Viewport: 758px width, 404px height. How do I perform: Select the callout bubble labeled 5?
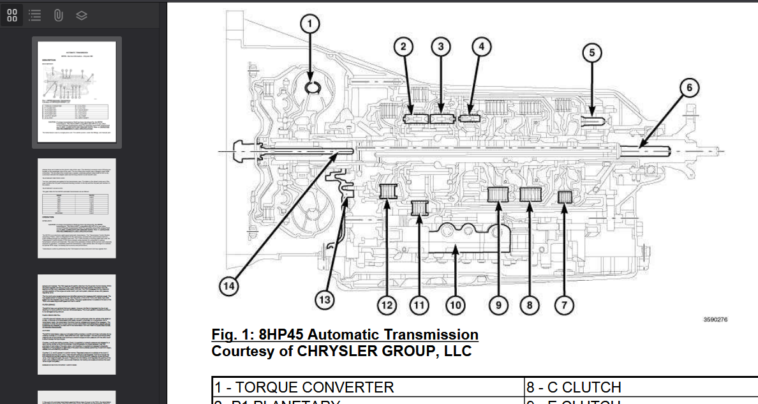[x=591, y=53]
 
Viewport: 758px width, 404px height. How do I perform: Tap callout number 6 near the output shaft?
[x=689, y=88]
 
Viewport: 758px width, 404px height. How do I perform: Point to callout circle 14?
[x=228, y=287]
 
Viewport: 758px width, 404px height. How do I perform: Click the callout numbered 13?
[x=325, y=299]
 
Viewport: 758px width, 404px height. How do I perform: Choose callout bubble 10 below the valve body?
[x=454, y=306]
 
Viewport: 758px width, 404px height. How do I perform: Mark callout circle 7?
[x=563, y=306]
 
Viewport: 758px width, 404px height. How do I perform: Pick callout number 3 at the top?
[x=440, y=46]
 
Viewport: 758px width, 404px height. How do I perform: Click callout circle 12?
[x=386, y=306]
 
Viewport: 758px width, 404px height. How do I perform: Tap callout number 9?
[x=498, y=306]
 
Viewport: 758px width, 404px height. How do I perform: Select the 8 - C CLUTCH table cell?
[x=574, y=387]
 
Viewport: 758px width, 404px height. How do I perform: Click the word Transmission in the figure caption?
[x=424, y=334]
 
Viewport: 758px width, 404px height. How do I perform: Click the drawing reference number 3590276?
[x=715, y=319]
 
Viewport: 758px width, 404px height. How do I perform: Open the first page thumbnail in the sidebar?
[x=77, y=92]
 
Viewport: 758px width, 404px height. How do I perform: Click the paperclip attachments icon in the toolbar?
[x=58, y=15]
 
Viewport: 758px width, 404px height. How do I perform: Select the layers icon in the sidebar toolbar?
[x=81, y=15]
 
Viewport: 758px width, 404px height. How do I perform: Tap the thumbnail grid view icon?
[x=12, y=15]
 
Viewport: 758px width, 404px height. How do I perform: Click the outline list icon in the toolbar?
[x=35, y=15]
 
